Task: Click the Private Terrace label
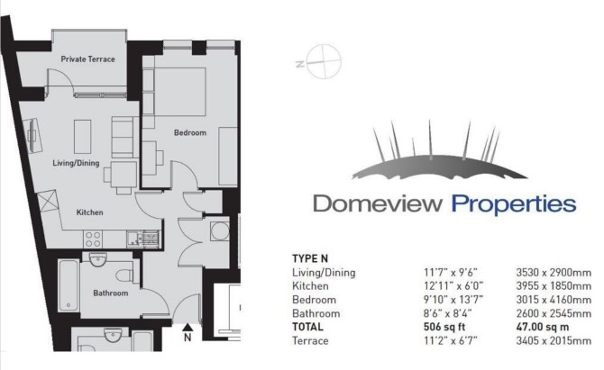point(87,59)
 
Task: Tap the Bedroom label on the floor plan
point(190,132)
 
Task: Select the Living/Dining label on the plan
point(76,163)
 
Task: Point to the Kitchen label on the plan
point(90,212)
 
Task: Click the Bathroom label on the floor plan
point(111,293)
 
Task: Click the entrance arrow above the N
point(188,328)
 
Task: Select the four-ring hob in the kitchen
point(93,239)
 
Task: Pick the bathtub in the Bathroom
point(69,285)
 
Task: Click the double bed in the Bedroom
point(175,91)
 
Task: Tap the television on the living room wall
point(32,135)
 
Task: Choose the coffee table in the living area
point(83,136)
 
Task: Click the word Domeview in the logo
point(377,203)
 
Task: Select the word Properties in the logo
point(514,204)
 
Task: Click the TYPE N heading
point(310,259)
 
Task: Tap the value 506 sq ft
point(444,328)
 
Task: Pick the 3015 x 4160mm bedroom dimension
point(554,300)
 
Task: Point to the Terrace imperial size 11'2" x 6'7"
point(451,341)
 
